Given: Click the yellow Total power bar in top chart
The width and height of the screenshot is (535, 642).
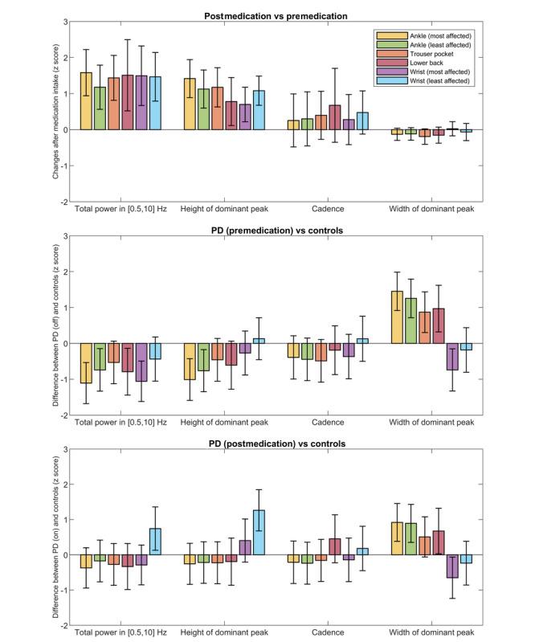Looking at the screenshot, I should tap(86, 101).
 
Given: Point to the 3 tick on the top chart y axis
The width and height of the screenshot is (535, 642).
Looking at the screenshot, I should tap(64, 21).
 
